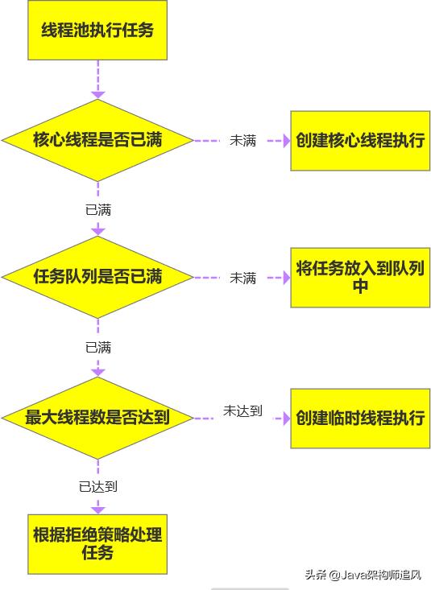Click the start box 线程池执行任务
tap(97, 30)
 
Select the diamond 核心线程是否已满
tap(97, 140)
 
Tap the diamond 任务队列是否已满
tap(97, 278)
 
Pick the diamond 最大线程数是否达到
tap(97, 418)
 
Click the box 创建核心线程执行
tap(360, 141)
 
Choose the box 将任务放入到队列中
tap(360, 278)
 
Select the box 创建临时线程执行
tap(360, 419)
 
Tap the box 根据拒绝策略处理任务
tap(97, 544)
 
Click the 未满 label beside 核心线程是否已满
tap(243, 141)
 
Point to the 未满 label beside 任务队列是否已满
tap(243, 278)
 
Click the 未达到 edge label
tap(242, 411)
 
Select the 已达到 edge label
tap(98, 486)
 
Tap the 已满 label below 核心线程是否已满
tap(98, 209)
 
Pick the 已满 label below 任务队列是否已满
tap(98, 347)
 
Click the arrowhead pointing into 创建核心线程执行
tap(287, 141)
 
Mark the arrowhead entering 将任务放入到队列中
tap(287, 278)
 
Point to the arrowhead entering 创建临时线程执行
tap(287, 419)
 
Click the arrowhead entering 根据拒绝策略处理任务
tap(98, 510)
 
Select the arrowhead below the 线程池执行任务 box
tap(98, 95)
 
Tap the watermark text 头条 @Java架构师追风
tap(363, 575)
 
